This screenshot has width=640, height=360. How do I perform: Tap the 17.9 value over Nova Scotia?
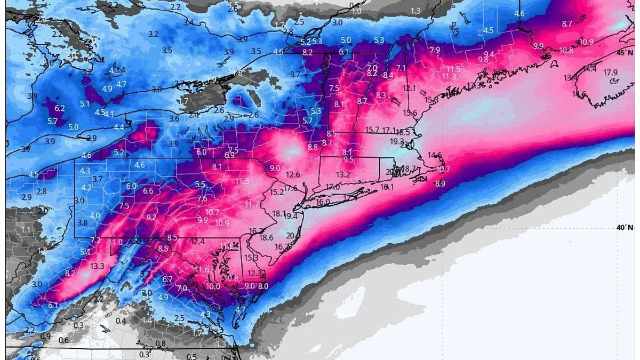pos(610,73)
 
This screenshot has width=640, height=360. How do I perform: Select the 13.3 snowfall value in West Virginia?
pos(97,266)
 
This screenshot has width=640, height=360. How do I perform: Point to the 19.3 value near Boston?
pos(397,141)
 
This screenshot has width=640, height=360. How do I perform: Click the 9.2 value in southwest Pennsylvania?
pos(151,217)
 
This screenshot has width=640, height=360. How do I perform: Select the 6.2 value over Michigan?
pos(59,108)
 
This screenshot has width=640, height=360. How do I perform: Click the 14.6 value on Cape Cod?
pos(435,155)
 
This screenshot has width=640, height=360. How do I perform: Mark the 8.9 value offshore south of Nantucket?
pos(439,184)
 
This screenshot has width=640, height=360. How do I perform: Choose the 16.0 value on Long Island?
pos(323,202)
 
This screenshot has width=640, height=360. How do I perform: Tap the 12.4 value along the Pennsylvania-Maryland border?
pos(197,242)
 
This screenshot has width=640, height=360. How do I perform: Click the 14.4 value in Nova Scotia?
pos(589,68)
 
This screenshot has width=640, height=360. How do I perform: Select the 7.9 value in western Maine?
pos(435,50)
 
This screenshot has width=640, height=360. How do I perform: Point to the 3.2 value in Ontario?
pos(154,34)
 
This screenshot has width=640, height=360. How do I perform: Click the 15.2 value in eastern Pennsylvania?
pos(277,192)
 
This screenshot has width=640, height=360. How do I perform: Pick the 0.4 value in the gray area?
pos(121,321)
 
